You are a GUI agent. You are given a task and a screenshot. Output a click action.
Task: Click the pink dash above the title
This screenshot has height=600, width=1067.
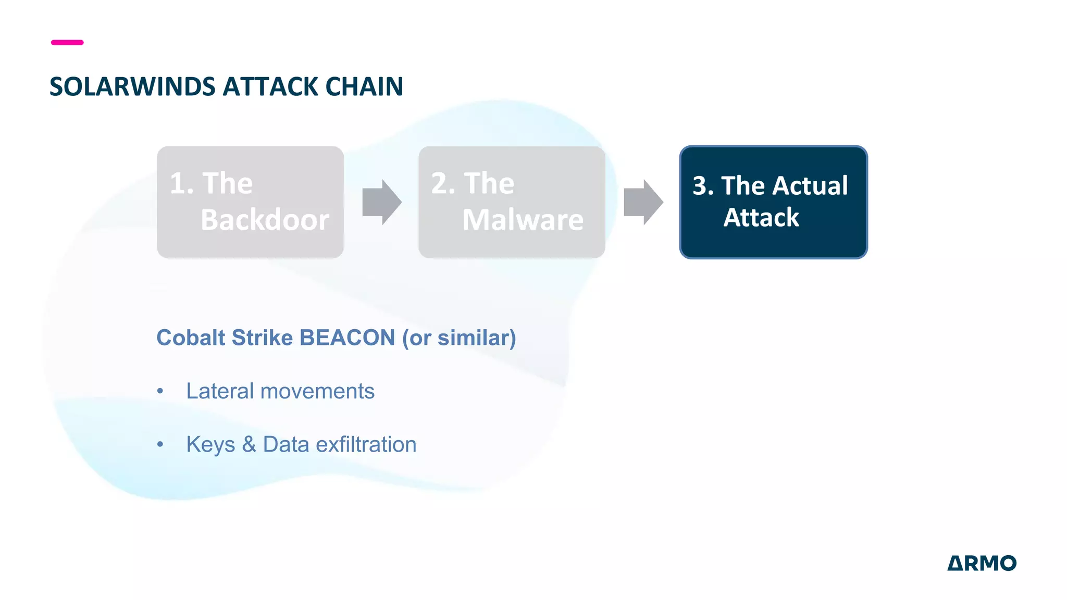[67, 42]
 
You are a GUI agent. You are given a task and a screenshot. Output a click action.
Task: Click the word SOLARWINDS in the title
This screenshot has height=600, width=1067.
[132, 86]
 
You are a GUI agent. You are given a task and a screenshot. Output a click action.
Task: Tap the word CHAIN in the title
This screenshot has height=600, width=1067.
[364, 86]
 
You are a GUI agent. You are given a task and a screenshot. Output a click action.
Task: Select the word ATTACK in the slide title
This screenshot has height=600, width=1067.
[270, 86]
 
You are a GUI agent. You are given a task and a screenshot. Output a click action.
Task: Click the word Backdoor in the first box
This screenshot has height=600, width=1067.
[265, 220]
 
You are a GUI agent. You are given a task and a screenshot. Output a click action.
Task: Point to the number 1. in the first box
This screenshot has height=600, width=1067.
[181, 183]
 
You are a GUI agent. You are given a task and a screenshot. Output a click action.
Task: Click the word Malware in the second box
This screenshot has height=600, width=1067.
[523, 220]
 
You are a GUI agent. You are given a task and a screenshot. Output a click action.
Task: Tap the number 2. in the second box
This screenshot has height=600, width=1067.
[443, 183]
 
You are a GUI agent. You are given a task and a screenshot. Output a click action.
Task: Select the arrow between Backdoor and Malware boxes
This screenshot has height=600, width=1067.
[382, 202]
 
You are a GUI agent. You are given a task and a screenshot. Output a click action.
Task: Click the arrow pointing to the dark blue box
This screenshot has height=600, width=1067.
[643, 202]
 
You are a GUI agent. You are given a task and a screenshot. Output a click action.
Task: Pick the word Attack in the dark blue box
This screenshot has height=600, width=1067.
[761, 218]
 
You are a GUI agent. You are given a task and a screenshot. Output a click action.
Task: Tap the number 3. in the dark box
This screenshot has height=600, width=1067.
[703, 186]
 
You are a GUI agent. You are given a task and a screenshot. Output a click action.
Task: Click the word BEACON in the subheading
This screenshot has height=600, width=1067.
[347, 337]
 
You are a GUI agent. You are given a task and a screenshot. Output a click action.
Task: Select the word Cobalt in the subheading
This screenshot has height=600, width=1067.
[191, 337]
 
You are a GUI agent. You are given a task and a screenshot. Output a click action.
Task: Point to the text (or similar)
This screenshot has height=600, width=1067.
[459, 338]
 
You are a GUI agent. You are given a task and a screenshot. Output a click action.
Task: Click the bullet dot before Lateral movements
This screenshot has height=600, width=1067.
[160, 391]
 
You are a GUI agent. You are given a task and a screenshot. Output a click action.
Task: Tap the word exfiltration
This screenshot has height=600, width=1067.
[366, 444]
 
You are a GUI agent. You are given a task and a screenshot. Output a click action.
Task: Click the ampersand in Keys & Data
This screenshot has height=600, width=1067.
[249, 444]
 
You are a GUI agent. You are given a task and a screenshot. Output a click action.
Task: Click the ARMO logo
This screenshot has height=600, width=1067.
[982, 563]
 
